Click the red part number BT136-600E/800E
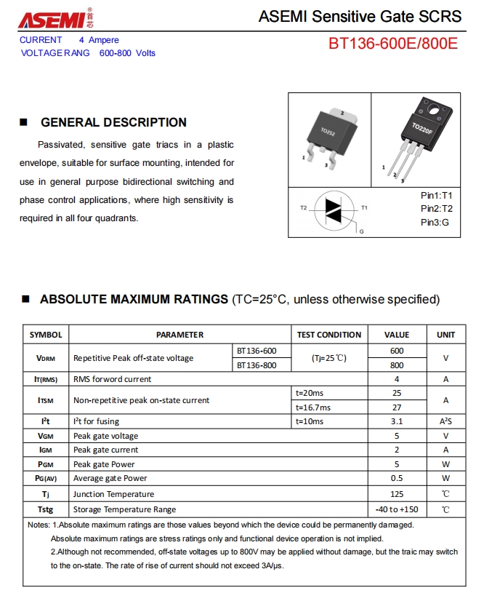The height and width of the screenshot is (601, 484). click(393, 44)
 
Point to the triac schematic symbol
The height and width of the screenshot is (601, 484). click(334, 210)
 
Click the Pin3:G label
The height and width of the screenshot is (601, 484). click(435, 222)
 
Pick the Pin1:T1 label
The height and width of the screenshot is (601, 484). click(436, 196)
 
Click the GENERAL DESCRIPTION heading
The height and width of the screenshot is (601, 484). click(113, 122)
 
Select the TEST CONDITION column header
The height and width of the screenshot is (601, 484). click(329, 335)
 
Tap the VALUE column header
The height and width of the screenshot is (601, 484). click(397, 335)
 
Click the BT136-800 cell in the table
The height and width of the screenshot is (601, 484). click(257, 365)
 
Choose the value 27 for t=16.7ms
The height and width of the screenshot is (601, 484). click(397, 407)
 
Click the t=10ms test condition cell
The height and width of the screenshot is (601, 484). click(310, 421)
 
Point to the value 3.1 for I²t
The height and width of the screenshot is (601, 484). click(397, 421)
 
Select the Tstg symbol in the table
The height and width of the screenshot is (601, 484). click(45, 509)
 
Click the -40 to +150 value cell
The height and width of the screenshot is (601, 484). click(397, 509)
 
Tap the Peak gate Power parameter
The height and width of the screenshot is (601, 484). click(104, 464)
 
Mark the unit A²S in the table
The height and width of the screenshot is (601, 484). click(445, 421)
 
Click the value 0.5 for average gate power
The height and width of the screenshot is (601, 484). click(397, 478)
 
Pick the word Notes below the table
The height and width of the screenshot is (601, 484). click(38, 525)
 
